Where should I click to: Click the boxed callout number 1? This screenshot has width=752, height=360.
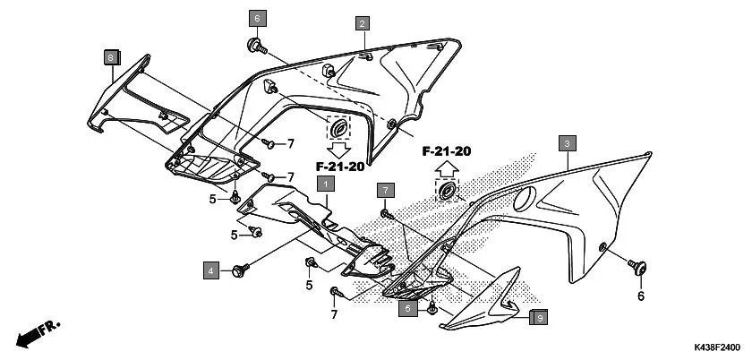[327, 184]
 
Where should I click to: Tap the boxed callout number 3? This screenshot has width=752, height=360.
[568, 143]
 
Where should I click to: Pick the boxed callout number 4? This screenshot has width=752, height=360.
[210, 270]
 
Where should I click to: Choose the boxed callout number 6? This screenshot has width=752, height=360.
[256, 19]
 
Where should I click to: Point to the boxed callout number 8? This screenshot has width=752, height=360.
[110, 57]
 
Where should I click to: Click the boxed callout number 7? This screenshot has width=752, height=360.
[385, 190]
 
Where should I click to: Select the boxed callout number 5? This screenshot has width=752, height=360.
[407, 308]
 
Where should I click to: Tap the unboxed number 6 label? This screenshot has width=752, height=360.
[640, 296]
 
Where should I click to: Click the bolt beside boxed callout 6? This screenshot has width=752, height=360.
[255, 44]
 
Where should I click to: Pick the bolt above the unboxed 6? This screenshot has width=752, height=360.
[639, 266]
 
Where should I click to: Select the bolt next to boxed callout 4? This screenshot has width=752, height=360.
[239, 269]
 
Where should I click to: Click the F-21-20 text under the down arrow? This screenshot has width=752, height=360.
[339, 167]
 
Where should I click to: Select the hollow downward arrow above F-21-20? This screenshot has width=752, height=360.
[339, 149]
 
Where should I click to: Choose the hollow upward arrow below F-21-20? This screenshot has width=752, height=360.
[446, 168]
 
